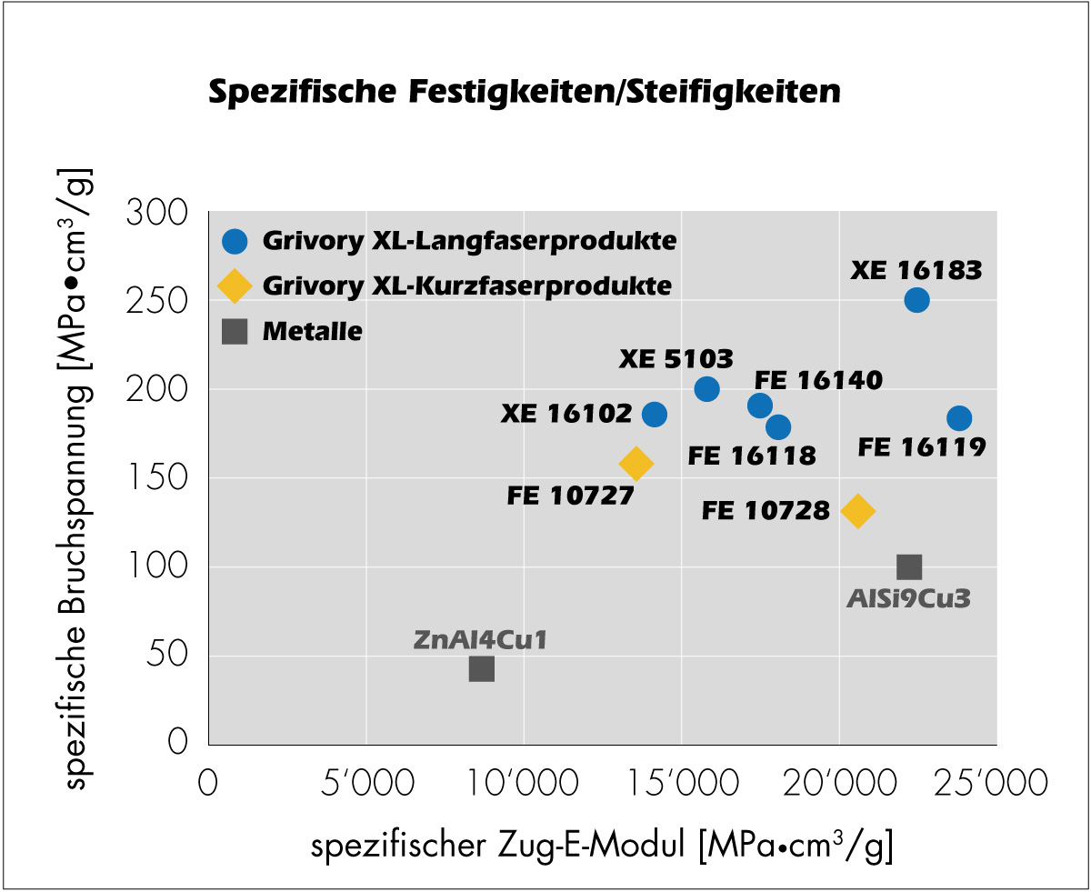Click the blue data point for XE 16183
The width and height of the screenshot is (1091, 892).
tap(916, 300)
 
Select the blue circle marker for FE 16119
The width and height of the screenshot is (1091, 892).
tap(959, 418)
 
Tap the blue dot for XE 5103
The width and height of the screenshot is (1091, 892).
tap(706, 389)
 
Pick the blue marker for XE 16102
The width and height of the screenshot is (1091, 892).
tap(655, 415)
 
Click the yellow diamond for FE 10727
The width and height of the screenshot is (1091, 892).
tap(636, 464)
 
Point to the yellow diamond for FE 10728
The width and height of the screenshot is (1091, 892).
tap(858, 511)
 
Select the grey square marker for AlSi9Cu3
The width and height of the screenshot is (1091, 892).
tap(909, 567)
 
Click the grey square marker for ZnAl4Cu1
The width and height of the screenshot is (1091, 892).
tap(481, 669)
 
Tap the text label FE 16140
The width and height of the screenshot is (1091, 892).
tap(818, 380)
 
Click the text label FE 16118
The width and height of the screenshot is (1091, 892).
tap(752, 455)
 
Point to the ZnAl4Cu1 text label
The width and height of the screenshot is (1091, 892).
tap(481, 639)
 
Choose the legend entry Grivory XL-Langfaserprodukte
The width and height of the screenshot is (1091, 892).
tap(469, 242)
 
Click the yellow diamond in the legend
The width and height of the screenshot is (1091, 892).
tap(235, 286)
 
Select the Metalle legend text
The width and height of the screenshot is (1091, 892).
tap(312, 332)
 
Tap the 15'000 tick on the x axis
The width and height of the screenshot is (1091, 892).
tap(679, 782)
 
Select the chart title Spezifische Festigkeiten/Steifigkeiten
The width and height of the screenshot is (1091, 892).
tap(525, 92)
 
